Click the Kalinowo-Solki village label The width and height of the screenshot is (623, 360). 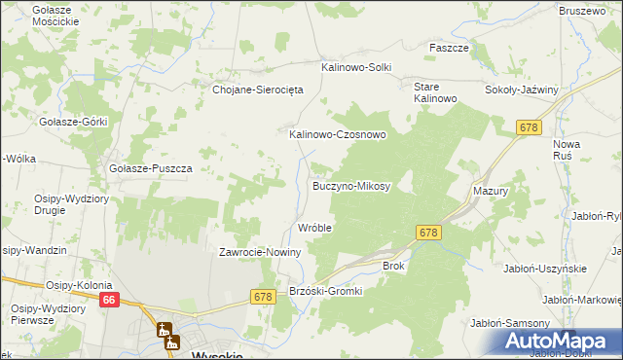point(356,67)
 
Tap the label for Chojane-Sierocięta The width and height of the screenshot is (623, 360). point(259,89)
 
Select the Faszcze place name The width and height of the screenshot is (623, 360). point(450,48)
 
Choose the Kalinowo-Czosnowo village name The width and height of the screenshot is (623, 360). point(338,135)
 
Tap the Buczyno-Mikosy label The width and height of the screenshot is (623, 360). point(351,185)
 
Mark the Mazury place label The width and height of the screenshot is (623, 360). point(491,192)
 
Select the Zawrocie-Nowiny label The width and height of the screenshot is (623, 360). point(261,252)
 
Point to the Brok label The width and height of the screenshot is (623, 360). point(393,265)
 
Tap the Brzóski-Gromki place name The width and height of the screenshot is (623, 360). point(326,291)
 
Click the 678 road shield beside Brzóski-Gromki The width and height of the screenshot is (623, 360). point(262,296)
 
